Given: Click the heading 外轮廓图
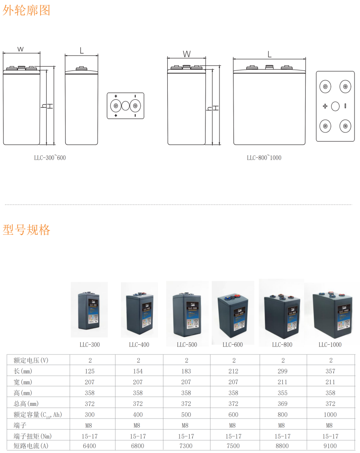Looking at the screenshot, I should click(x=26, y=10).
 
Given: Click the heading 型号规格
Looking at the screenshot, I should click(x=26, y=230).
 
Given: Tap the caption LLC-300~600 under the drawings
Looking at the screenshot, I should click(x=50, y=158).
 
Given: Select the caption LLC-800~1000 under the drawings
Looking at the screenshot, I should click(x=264, y=158).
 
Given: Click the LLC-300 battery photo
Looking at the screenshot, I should click(x=89, y=310).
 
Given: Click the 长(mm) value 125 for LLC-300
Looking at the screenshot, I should click(x=90, y=371).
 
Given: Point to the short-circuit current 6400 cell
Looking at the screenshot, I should click(x=90, y=446).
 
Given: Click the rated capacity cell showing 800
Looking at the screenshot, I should click(x=282, y=414).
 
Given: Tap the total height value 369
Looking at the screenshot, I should click(x=282, y=404).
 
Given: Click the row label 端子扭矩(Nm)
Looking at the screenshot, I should click(x=34, y=436).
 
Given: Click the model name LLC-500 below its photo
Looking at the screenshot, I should click(x=187, y=345).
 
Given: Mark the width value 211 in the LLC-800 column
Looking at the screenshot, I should click(x=282, y=382).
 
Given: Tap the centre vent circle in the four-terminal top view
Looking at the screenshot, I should click(x=335, y=106).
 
